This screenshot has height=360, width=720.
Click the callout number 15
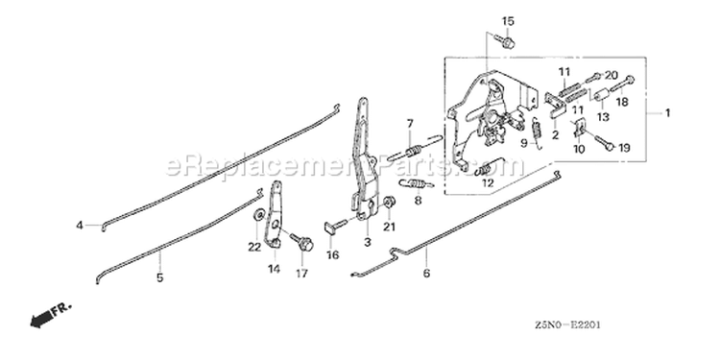click(x=508, y=21)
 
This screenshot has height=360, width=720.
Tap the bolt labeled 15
click(x=506, y=42)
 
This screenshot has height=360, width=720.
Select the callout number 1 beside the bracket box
click(x=667, y=112)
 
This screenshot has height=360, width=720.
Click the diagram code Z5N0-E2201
click(x=567, y=325)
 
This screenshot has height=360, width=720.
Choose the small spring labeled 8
click(x=416, y=184)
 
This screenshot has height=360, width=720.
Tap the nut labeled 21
click(x=390, y=203)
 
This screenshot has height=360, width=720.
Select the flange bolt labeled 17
click(x=302, y=242)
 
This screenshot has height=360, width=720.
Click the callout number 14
click(x=275, y=269)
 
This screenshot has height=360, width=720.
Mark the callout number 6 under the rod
click(x=426, y=274)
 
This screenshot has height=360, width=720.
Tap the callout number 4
click(x=80, y=226)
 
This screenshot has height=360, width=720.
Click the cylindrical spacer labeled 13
click(x=601, y=98)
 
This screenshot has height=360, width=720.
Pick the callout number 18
click(x=622, y=102)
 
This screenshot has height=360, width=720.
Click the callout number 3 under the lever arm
click(x=368, y=242)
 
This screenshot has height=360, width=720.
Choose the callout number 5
click(x=159, y=277)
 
